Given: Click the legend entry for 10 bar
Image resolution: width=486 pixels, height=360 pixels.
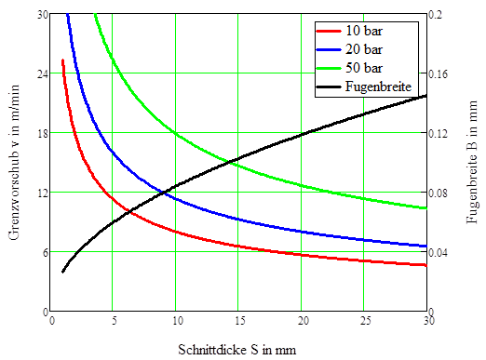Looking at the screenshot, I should tap(367, 32).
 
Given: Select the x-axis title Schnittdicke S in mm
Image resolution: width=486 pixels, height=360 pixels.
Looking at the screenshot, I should tap(238, 351).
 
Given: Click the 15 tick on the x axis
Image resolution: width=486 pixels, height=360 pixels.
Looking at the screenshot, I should tap(238, 321).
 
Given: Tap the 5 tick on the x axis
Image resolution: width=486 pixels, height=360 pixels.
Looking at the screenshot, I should tap(113, 321).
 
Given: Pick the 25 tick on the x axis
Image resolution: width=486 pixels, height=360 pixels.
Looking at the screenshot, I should tap(364, 321).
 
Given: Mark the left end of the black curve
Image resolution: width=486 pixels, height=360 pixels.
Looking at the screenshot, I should tap(62, 272).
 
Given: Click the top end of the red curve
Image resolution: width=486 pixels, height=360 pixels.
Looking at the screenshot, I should tap(62, 60).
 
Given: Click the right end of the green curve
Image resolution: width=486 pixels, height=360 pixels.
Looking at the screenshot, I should tap(426, 208).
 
